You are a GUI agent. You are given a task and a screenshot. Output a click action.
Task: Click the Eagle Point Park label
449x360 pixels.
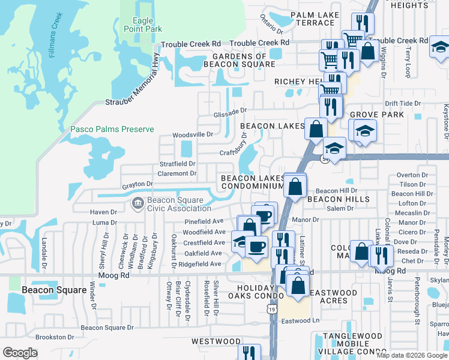135,25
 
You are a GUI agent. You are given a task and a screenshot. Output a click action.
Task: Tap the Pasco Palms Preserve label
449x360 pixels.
112,129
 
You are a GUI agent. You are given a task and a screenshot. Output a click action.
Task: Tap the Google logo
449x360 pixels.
20,353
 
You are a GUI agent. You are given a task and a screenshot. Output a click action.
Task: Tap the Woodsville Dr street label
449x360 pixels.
193,134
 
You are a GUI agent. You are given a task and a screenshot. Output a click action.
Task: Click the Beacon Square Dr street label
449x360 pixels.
107,328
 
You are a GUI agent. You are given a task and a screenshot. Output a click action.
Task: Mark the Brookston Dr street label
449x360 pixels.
54,337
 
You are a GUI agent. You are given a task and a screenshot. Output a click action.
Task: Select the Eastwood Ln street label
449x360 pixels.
303,321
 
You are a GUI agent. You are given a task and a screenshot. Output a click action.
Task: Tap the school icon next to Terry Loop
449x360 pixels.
439,46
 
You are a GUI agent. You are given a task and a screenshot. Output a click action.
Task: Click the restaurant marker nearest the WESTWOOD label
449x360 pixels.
249,353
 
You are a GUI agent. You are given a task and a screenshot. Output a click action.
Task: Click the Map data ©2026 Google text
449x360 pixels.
411,355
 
